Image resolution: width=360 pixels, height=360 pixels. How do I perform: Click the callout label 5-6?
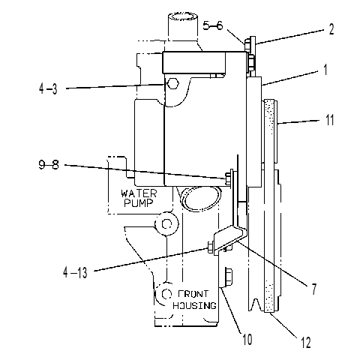coord(212,25)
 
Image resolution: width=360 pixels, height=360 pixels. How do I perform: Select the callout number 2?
coord(331,29)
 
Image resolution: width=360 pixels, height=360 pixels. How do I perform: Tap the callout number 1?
coord(325,70)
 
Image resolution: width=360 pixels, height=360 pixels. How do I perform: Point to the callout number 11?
coord(330,120)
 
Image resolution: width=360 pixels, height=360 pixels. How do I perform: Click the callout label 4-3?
coord(48,89)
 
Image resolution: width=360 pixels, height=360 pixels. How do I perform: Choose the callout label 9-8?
coord(49,165)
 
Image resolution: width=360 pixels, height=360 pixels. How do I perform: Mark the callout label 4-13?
coord(75,272)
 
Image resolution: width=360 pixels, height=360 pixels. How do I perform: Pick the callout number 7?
coord(314,289)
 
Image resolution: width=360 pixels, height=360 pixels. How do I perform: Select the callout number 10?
coord(247,340)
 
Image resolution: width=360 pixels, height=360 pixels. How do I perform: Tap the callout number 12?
coord(305,343)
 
